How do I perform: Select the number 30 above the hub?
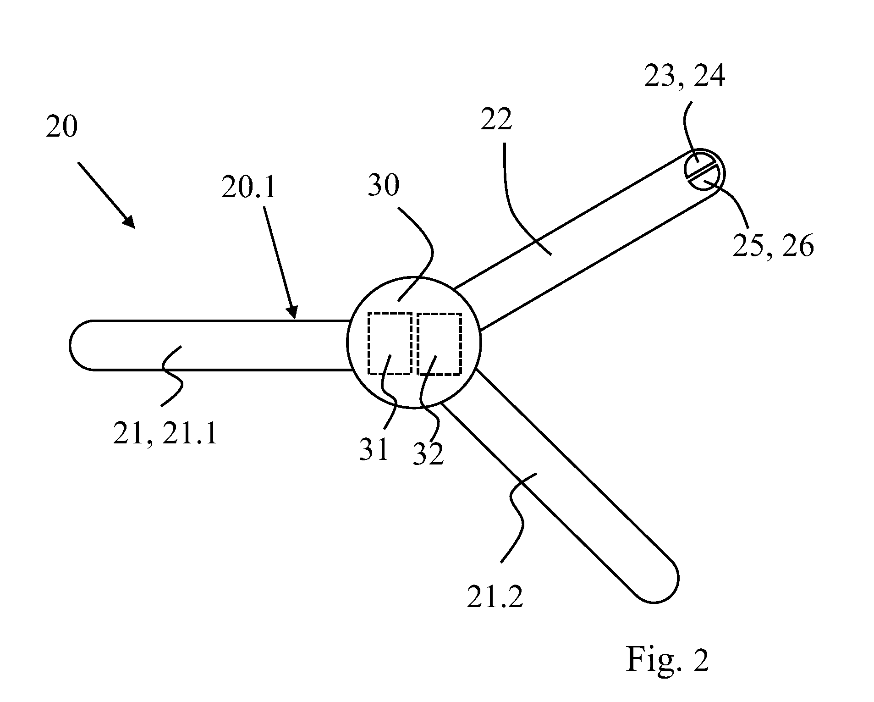click(x=384, y=186)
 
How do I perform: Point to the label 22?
click(x=496, y=120)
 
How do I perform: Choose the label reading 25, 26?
click(x=773, y=246)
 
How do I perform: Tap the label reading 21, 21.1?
click(x=165, y=433)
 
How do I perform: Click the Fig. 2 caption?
click(x=668, y=659)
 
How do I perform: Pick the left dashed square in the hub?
click(x=390, y=343)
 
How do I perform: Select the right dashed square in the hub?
click(x=440, y=343)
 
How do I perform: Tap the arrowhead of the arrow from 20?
click(x=129, y=221)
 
